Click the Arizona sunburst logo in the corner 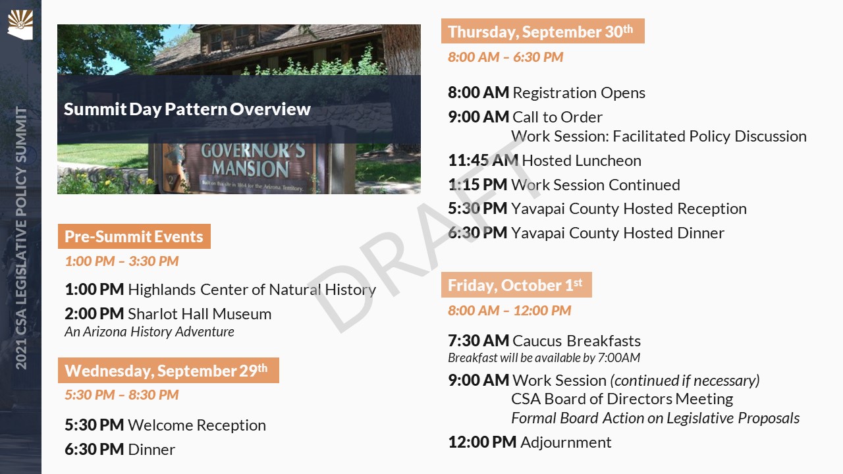20,24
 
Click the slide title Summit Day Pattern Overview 187,109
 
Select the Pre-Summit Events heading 134,236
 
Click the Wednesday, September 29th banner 168,370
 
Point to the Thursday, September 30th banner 543,31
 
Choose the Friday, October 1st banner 516,285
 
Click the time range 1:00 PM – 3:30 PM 122,261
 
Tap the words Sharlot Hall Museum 200,314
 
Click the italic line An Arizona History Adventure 150,332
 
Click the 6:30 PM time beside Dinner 94,449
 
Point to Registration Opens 579,93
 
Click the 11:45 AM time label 483,160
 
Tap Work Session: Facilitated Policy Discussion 659,136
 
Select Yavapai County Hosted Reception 629,209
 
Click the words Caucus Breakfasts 576,341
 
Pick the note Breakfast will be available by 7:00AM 544,357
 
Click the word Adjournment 566,442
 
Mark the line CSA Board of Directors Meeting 622,399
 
